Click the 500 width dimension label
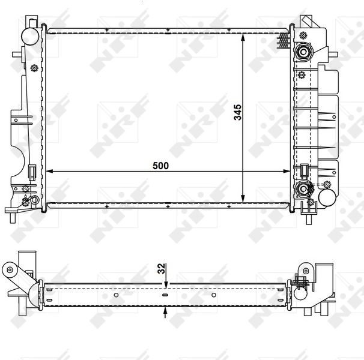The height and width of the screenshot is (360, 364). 160,165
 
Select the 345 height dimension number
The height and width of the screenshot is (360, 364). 238,112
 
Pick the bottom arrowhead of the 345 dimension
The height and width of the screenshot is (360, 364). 243,199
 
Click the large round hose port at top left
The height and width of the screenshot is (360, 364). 29,36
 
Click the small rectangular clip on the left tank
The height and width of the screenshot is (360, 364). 31,172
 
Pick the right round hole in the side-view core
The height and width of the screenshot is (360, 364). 213,295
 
